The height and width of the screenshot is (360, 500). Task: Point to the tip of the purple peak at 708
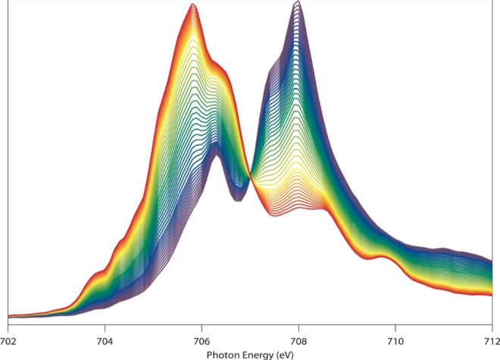[x=298, y=2]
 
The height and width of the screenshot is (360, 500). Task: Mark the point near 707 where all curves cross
[x=250, y=179]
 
